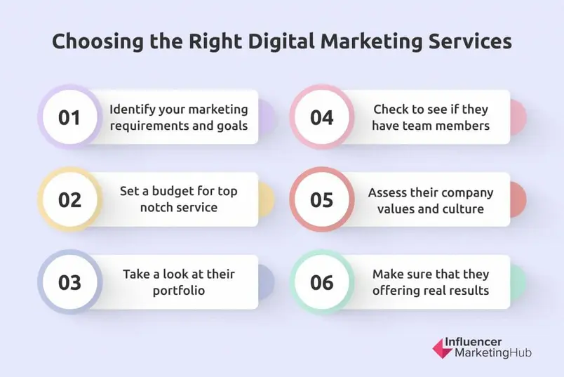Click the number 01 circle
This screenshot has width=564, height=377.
[69, 117]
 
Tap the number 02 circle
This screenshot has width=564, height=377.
[69, 199]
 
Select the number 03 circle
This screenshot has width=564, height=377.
[69, 282]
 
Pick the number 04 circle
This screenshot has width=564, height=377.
[322, 117]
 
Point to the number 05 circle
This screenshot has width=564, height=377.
[322, 199]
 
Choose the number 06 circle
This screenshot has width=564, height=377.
[322, 282]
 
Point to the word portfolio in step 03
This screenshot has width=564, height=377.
[179, 290]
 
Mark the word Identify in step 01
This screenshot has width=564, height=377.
[133, 110]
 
